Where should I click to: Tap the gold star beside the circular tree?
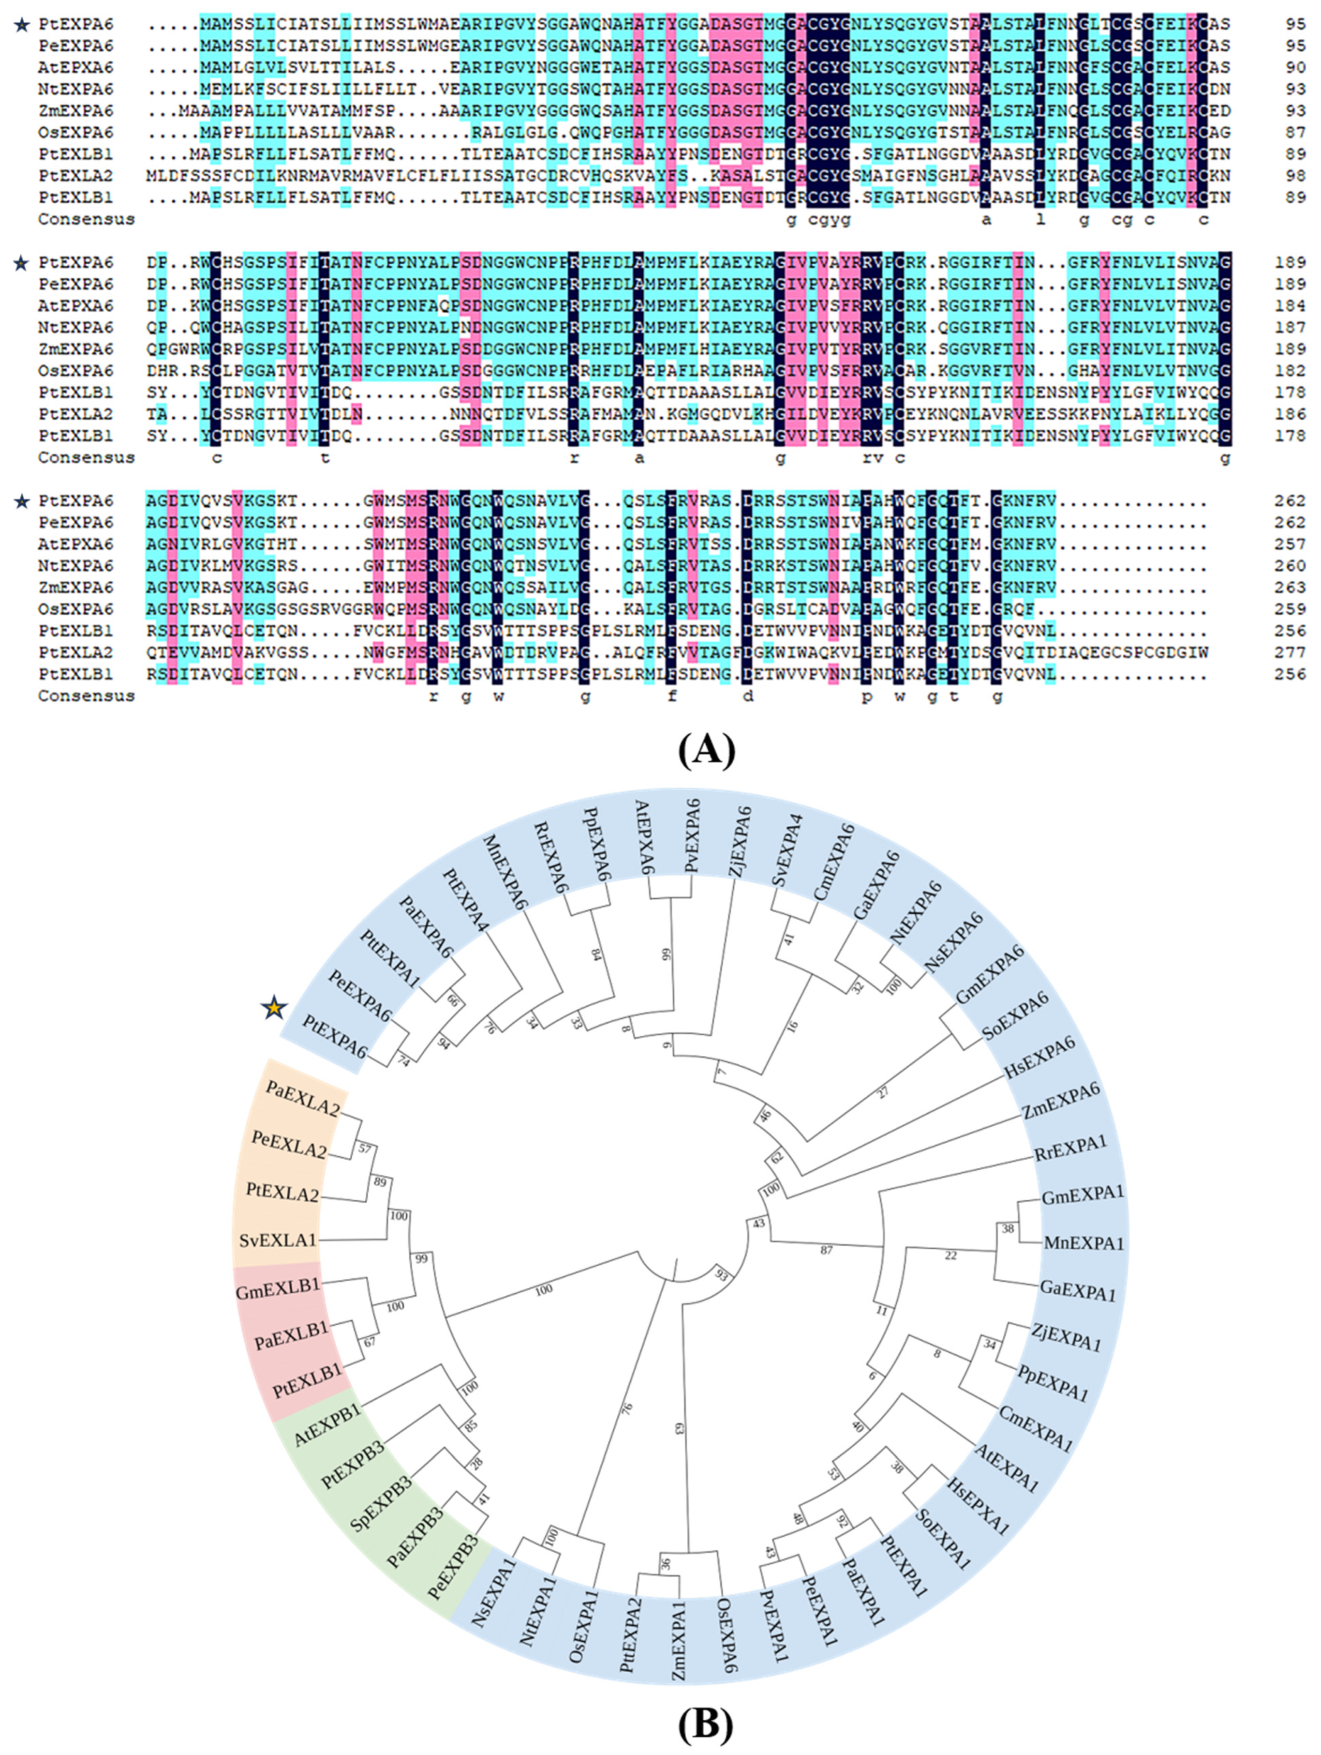point(274,1008)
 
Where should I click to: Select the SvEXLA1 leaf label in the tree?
point(278,1240)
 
